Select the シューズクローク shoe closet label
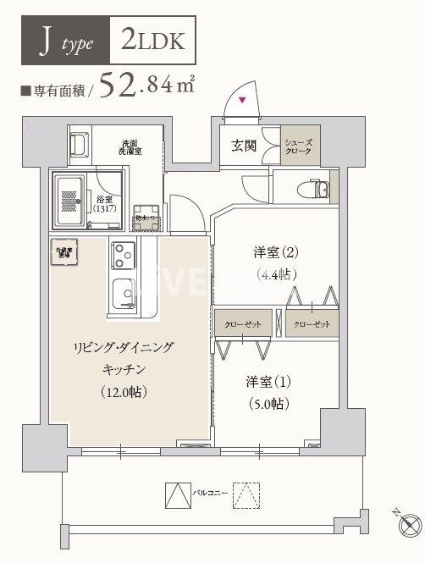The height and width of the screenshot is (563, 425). click(301, 146)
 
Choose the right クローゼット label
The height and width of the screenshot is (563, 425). click(312, 324)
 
